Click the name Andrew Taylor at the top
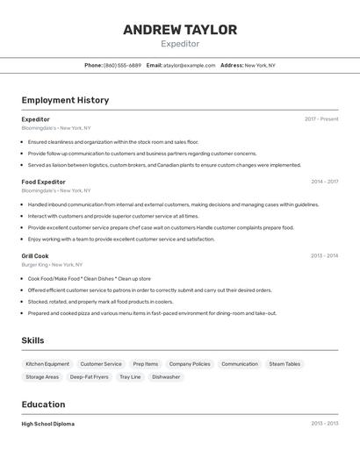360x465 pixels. coord(180,30)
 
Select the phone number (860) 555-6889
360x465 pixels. coord(122,65)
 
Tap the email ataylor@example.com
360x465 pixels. coord(189,65)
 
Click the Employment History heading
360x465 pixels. coord(65,100)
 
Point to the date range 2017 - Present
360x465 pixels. coord(321,119)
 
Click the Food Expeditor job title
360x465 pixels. coord(43,182)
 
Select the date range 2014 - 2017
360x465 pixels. coord(324,182)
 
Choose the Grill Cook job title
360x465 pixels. coord(35,255)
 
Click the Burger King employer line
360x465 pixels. coord(52,264)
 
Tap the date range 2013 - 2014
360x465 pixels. coord(324,256)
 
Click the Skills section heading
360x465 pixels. coord(33,340)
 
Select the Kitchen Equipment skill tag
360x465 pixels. coord(47,364)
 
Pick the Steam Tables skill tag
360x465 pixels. coord(284,364)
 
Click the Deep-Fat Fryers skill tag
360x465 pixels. coord(90,377)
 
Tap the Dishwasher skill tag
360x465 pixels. coord(166,377)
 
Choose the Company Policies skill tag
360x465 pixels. coord(190,364)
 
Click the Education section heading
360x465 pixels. coord(43,404)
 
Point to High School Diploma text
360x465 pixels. coord(48,424)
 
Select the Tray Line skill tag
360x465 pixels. coord(130,377)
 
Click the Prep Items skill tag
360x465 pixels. coord(146,364)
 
